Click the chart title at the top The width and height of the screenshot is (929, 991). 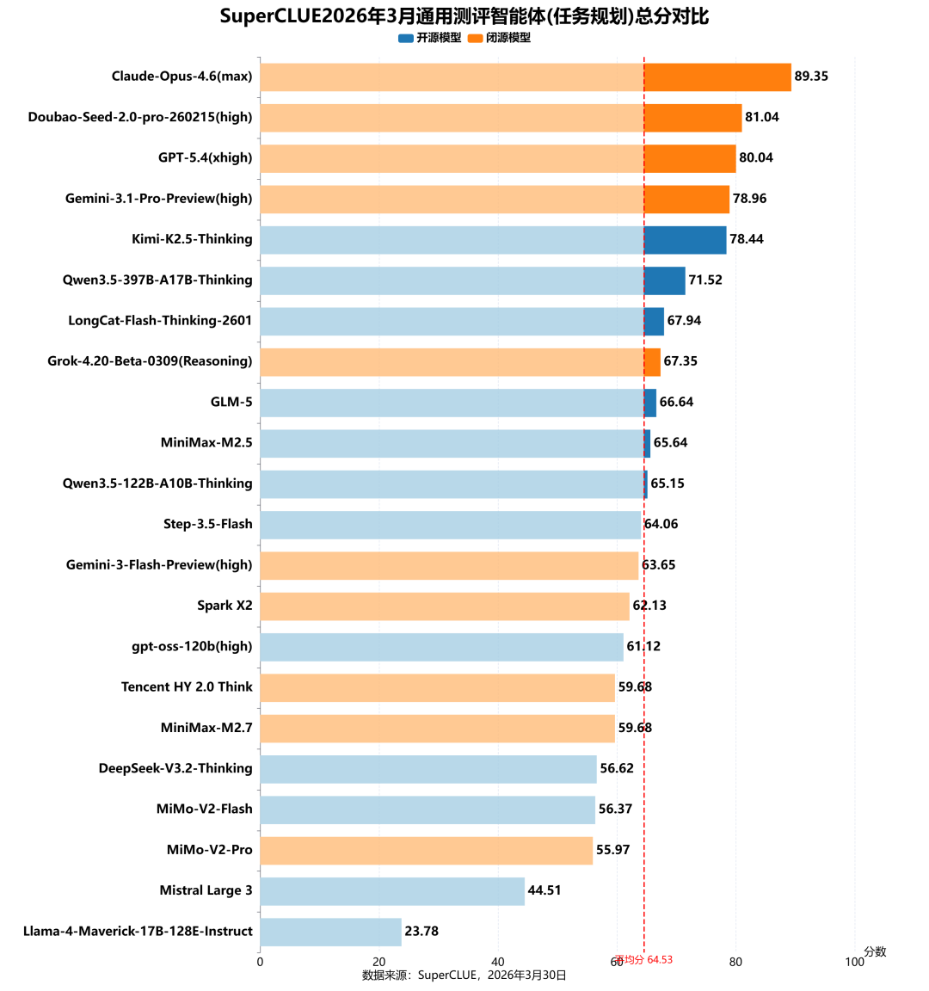tap(464, 16)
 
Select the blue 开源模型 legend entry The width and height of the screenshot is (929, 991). tap(430, 38)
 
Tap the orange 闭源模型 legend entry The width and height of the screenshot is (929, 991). tap(500, 38)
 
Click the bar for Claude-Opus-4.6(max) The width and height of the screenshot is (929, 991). tap(525, 77)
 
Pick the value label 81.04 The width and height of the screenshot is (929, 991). tap(761, 117)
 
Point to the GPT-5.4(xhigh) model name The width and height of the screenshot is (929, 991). tap(205, 157)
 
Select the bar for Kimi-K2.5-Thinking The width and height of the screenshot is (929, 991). tap(493, 239)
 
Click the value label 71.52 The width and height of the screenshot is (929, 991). tap(705, 280)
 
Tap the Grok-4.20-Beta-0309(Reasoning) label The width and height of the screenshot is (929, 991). tap(150, 361)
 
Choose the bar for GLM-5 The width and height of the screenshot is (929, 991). tap(458, 402)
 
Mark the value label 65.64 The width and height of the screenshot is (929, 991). tap(670, 442)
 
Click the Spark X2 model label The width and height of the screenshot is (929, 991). tap(225, 606)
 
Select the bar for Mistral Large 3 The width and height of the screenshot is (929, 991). tap(392, 890)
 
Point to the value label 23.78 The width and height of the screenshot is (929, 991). tap(421, 931)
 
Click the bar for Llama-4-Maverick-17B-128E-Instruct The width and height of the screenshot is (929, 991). tap(330, 932)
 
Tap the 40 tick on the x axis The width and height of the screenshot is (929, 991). tap(498, 962)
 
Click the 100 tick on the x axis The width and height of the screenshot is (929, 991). tap(854, 962)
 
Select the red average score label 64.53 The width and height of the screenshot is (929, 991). tap(644, 959)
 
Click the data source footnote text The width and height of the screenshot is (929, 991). tap(464, 976)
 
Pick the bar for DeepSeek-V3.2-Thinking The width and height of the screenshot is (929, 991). tap(428, 768)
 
